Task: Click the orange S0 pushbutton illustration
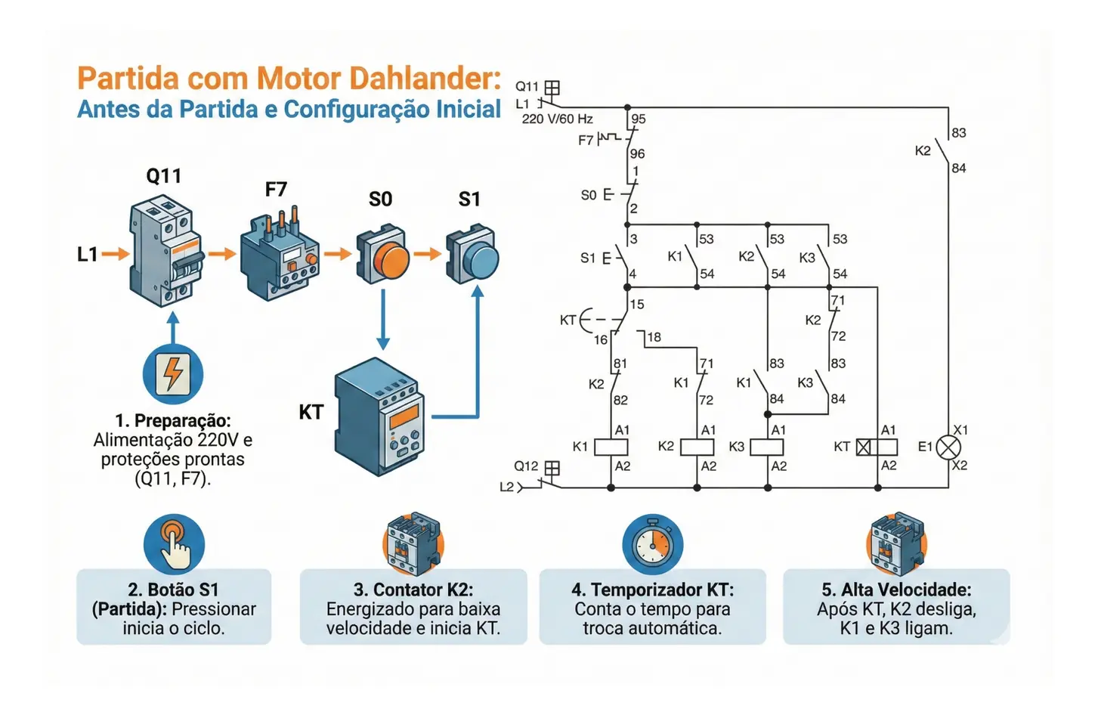click(384, 255)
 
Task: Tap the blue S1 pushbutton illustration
click(473, 255)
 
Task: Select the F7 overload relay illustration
click(280, 253)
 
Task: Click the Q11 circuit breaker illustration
click(166, 251)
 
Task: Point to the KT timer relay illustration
click(379, 417)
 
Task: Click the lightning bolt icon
click(173, 374)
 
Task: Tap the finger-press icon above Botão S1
click(174, 544)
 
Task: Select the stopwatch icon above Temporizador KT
click(652, 544)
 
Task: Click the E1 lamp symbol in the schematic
click(948, 447)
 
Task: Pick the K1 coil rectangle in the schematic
click(611, 447)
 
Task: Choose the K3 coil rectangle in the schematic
click(766, 447)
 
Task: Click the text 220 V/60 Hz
click(557, 119)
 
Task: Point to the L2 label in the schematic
click(506, 487)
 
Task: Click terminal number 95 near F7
click(639, 119)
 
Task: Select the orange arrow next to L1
click(116, 254)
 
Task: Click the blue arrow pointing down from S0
click(383, 317)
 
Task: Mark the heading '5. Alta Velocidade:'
click(896, 590)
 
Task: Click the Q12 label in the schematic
click(526, 466)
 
